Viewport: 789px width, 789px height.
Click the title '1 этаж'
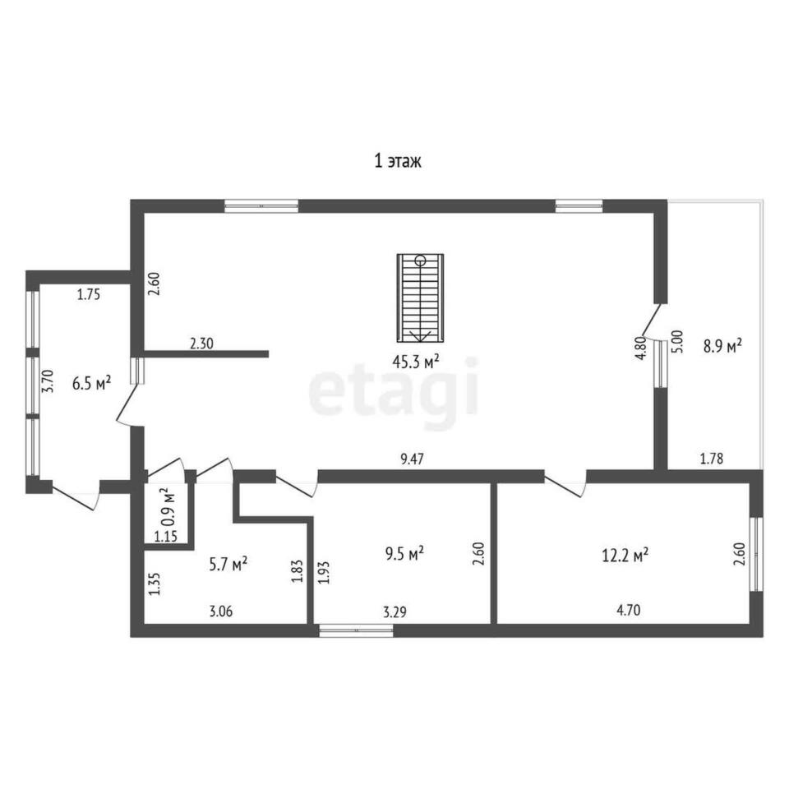pos(398,161)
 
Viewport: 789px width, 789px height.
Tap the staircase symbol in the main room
pos(420,298)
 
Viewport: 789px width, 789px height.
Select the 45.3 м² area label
pos(416,362)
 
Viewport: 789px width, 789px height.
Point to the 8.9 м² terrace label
pos(722,346)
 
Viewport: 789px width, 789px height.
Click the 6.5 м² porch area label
pos(91,384)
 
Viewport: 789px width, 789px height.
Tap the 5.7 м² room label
pos(228,564)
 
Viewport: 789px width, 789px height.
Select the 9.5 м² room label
pos(404,553)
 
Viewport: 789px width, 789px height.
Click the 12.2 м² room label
pos(625,556)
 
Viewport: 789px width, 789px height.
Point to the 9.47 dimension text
pos(412,459)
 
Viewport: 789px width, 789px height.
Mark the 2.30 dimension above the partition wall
pos(202,344)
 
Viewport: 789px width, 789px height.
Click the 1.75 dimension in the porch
pos(89,294)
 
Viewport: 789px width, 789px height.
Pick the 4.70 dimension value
pos(629,611)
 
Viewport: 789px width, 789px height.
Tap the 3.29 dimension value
pos(395,612)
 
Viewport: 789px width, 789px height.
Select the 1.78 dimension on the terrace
pos(712,459)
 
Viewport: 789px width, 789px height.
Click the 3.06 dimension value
pos(221,611)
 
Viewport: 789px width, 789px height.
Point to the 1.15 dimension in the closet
pos(165,537)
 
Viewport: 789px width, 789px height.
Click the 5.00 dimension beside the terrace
pos(678,342)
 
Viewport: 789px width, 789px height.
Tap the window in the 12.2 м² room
pos(756,554)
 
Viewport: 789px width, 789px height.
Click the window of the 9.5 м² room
pos(356,630)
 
